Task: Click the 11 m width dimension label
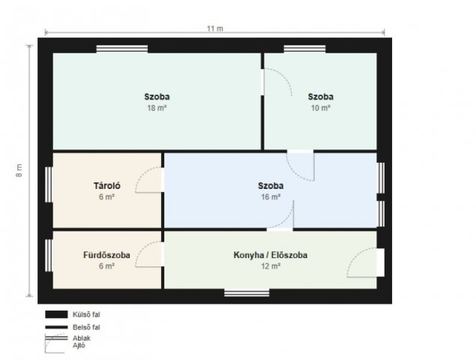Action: [215, 28]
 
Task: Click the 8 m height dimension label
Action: [19, 170]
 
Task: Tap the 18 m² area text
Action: [157, 108]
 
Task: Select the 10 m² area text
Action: [321, 108]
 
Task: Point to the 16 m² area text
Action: [271, 196]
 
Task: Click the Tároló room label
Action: [107, 185]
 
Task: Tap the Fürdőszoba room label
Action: [106, 255]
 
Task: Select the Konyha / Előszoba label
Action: [270, 255]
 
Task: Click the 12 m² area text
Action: [271, 266]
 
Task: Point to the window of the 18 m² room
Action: [122, 49]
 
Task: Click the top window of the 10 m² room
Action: [304, 49]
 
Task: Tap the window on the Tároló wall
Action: [49, 184]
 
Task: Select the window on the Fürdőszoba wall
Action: [49, 256]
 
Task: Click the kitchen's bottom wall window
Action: [247, 292]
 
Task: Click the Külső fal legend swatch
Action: [56, 314]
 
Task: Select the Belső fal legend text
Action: [86, 327]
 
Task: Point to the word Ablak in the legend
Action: [82, 338]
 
